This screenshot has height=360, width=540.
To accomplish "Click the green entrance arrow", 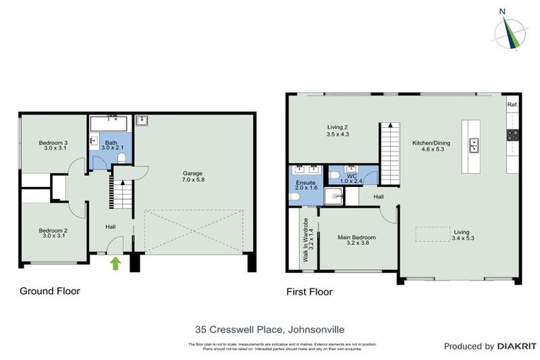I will pyautogui.click(x=115, y=264).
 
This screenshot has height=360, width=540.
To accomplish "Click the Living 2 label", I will pyautogui.click(x=337, y=130).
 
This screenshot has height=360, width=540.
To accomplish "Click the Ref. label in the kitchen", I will pyautogui.click(x=513, y=105).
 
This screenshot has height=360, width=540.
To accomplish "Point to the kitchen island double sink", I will pyautogui.click(x=475, y=146).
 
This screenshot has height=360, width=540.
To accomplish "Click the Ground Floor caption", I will pyautogui.click(x=49, y=290).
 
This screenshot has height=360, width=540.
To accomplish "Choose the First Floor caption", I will pyautogui.click(x=309, y=291).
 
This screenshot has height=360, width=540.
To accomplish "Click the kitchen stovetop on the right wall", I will pyautogui.click(x=513, y=136).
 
